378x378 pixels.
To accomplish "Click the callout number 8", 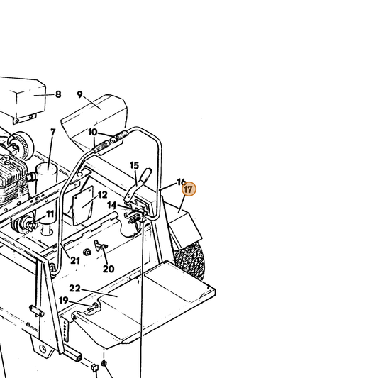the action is (x=58, y=94).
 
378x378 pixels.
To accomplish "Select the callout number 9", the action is (x=80, y=95).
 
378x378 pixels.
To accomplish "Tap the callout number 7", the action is (x=53, y=132).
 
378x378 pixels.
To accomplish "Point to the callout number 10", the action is (x=93, y=132).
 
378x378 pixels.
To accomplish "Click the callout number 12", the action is (x=102, y=195).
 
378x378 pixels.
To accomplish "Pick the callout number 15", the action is (x=134, y=165).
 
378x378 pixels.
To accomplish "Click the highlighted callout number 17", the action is (x=189, y=189).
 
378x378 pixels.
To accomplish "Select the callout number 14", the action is (x=112, y=205).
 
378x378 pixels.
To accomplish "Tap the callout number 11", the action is (x=50, y=214).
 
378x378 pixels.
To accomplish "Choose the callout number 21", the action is (x=75, y=260).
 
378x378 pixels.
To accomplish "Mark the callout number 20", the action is (x=109, y=269).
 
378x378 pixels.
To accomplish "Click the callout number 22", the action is (x=74, y=289).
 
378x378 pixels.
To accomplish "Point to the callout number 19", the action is (x=64, y=301).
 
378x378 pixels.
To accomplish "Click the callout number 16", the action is (x=182, y=182).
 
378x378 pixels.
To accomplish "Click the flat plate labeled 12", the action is (x=83, y=205).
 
